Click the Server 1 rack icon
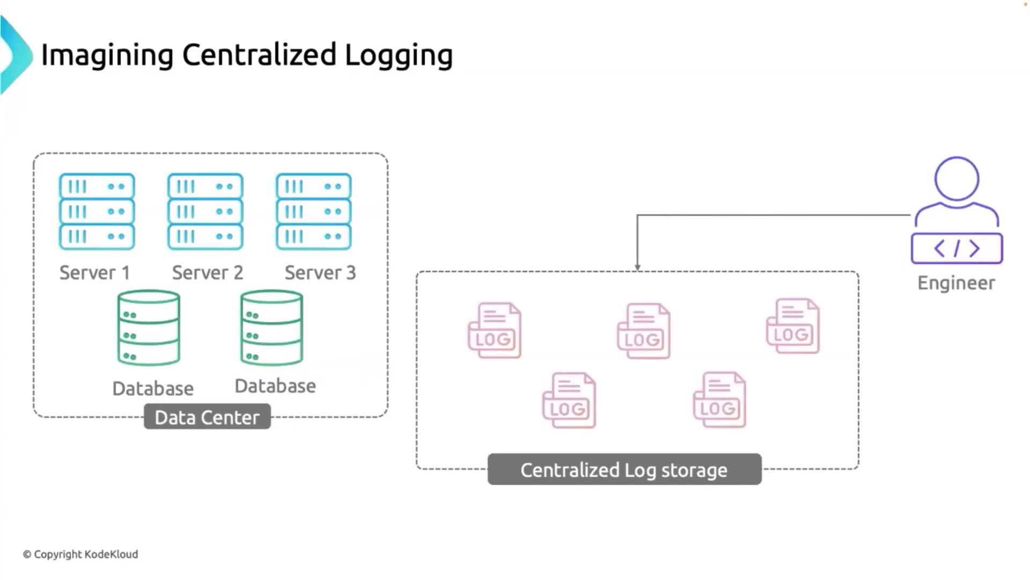coord(97,212)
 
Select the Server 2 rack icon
coord(205,212)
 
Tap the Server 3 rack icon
coord(314,212)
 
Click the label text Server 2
coord(208,273)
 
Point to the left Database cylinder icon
coord(149,328)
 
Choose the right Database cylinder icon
coord(271,328)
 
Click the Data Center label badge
coord(207,417)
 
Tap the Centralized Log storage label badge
coord(624,470)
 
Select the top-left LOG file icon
coord(494,330)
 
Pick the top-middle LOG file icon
coord(644,331)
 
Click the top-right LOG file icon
coord(793,326)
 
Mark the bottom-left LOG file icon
coord(569,400)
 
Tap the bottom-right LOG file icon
coord(719,400)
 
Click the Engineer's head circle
coord(957,179)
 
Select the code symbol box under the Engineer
coord(957,248)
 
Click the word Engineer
coord(956,283)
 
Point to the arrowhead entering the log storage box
coord(637,267)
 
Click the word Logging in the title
coord(399,55)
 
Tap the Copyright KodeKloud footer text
coord(80,554)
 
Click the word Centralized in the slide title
coord(259,55)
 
